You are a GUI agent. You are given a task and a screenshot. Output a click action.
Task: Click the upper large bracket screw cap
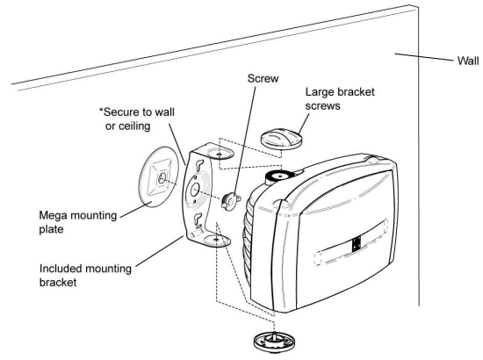282,139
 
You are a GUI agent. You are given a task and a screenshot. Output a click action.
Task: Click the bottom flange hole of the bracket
216,235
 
